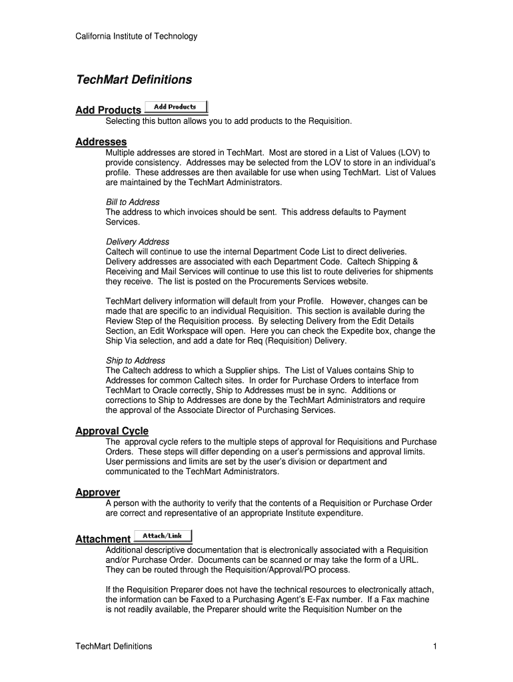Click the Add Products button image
point(176,107)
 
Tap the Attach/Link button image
point(163,535)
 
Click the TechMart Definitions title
point(133,80)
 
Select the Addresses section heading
point(101,142)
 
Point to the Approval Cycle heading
point(111,431)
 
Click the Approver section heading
point(97,492)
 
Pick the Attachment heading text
point(103,539)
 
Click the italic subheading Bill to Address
point(133,202)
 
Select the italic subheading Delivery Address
point(137,242)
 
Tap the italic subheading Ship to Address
point(135,360)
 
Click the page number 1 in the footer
point(434,646)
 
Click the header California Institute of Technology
point(136,36)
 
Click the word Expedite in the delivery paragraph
point(346,331)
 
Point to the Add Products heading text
point(108,110)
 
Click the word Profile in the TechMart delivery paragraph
point(310,301)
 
